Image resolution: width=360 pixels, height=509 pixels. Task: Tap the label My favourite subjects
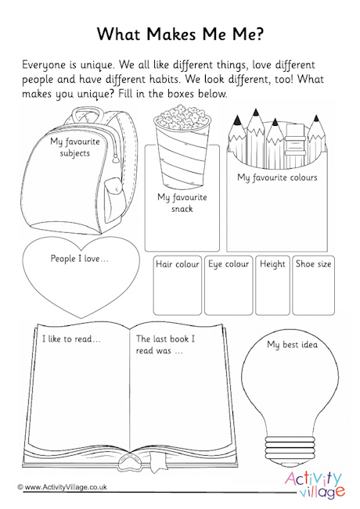point(70,147)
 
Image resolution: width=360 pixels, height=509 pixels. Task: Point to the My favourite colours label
point(277,177)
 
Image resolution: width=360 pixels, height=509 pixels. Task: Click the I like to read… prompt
point(72,339)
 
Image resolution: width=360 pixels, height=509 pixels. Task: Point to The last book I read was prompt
point(165,345)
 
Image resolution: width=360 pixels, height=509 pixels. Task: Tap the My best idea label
point(293,344)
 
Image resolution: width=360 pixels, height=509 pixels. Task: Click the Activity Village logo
point(313,468)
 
